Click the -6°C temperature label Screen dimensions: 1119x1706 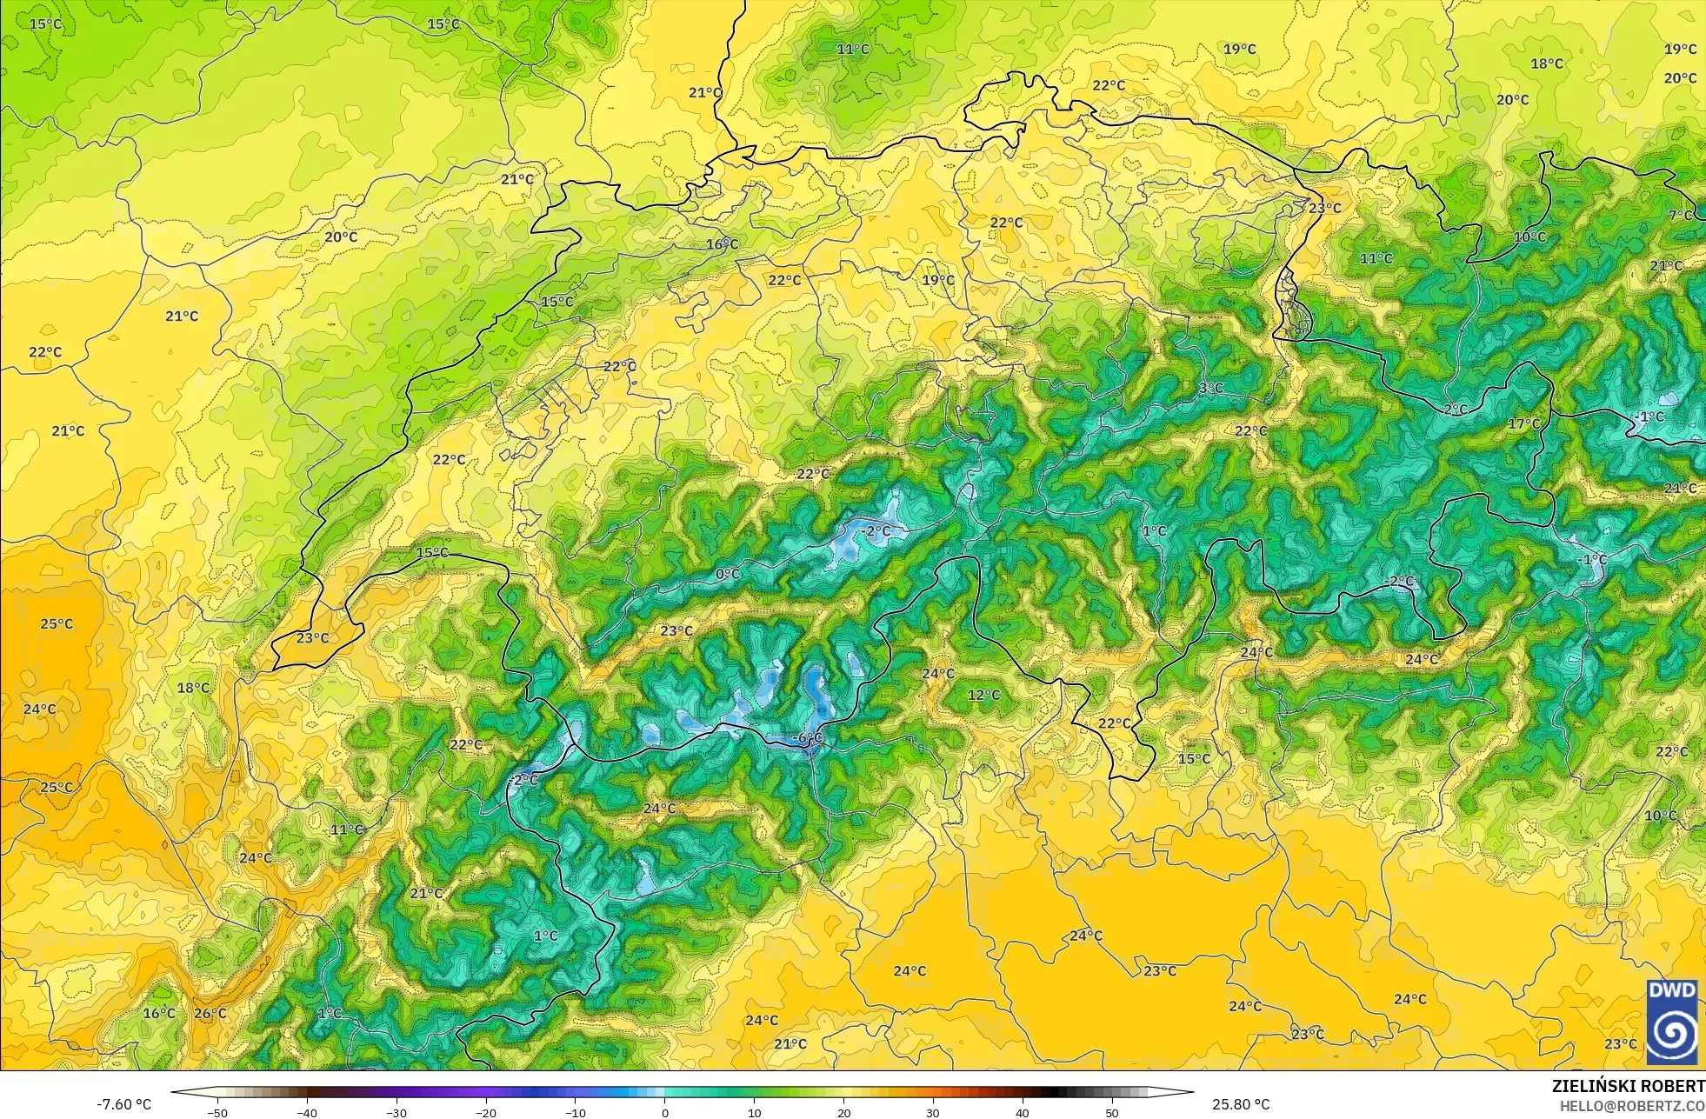809,738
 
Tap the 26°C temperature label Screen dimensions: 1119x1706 210,1013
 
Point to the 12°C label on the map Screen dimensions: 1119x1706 983,695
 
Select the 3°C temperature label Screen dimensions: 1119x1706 1211,388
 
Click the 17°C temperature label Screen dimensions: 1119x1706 1523,423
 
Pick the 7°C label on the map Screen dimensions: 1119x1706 1681,215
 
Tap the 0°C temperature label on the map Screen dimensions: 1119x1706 728,574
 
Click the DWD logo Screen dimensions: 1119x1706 1672,1022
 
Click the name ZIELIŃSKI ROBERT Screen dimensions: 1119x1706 1628,1086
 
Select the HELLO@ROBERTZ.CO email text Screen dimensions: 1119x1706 1631,1106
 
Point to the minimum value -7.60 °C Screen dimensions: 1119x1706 123,1104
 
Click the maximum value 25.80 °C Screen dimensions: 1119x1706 1241,1104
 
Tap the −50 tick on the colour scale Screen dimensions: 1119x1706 217,1113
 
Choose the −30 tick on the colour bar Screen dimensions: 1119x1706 397,1113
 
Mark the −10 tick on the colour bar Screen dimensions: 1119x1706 576,1113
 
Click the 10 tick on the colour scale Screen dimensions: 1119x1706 754,1113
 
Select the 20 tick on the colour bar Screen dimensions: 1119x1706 843,1113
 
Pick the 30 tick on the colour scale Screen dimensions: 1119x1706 933,1113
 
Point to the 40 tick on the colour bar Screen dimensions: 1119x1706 1023,1113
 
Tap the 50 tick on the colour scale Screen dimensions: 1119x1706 1112,1113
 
